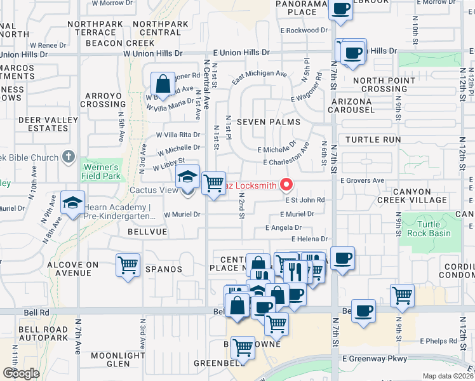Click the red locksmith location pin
pos(286,185)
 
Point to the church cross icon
pos(70,157)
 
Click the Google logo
pos(21,373)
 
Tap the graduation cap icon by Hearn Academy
pos(72,203)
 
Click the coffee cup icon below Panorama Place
pos(341,10)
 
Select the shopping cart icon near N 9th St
pos(403,294)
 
